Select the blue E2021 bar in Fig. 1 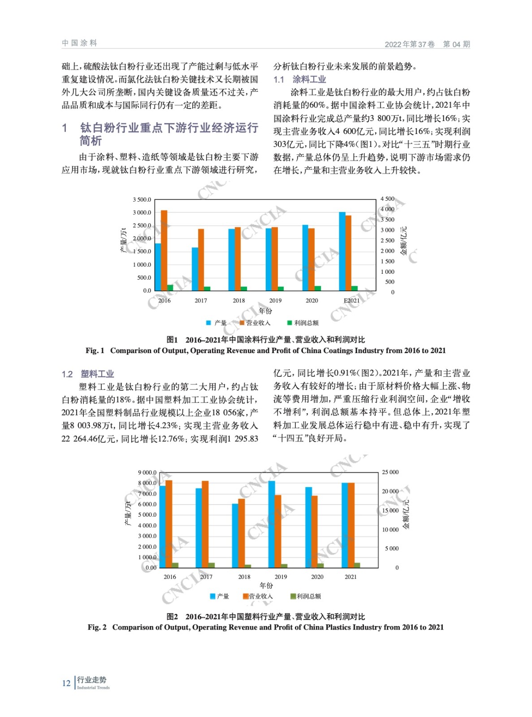tap(342, 251)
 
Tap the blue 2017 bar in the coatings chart tap(195, 269)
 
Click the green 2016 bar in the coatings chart tap(170, 288)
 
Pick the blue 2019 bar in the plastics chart tap(272, 524)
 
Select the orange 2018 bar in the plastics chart tap(242, 533)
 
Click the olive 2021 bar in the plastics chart tap(357, 565)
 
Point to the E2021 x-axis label tap(351, 300)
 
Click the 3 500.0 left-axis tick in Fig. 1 tap(142, 199)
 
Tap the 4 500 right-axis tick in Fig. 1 tap(388, 199)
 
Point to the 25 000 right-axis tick tap(390, 472)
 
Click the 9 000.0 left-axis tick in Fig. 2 tap(147, 472)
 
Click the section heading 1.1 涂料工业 tap(300, 79)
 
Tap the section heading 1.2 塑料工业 tap(88, 374)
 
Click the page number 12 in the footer tap(66, 683)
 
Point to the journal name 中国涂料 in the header tap(79, 43)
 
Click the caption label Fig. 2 tap(97, 627)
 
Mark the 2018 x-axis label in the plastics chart tap(244, 577)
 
